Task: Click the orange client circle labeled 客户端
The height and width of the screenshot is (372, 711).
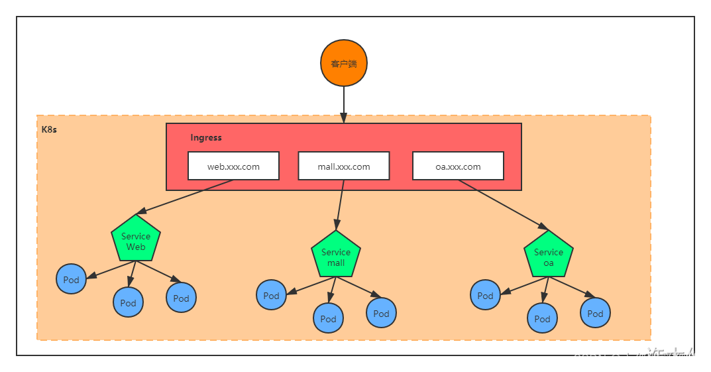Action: coord(344,64)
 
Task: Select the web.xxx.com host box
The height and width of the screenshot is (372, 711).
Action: coord(233,166)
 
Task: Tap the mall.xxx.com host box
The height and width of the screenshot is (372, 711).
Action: coord(343,166)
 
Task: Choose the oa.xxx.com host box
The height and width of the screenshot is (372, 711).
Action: coord(458,166)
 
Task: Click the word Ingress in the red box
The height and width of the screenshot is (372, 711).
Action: coord(206,138)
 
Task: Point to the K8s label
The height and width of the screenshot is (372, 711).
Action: coord(49,129)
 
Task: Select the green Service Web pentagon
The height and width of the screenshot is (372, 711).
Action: coord(136,240)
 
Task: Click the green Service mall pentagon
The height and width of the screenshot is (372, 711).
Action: coord(336,256)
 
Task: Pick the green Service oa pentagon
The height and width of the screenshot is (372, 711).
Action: coord(549,256)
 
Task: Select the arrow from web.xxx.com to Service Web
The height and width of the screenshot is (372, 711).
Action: coord(186,197)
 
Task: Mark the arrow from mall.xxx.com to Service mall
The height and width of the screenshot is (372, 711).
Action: coord(341,204)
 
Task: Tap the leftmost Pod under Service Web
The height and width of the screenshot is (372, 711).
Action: coord(72,279)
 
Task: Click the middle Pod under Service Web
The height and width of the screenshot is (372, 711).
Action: coord(129,302)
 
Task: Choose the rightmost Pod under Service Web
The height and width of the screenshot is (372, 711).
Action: coord(182,298)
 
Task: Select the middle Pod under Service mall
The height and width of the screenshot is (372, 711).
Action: coord(329,318)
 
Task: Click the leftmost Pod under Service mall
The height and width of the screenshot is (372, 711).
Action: coord(272,295)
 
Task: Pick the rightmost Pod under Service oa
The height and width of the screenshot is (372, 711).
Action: coord(595,313)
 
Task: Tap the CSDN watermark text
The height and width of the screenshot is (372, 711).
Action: coord(636,358)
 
